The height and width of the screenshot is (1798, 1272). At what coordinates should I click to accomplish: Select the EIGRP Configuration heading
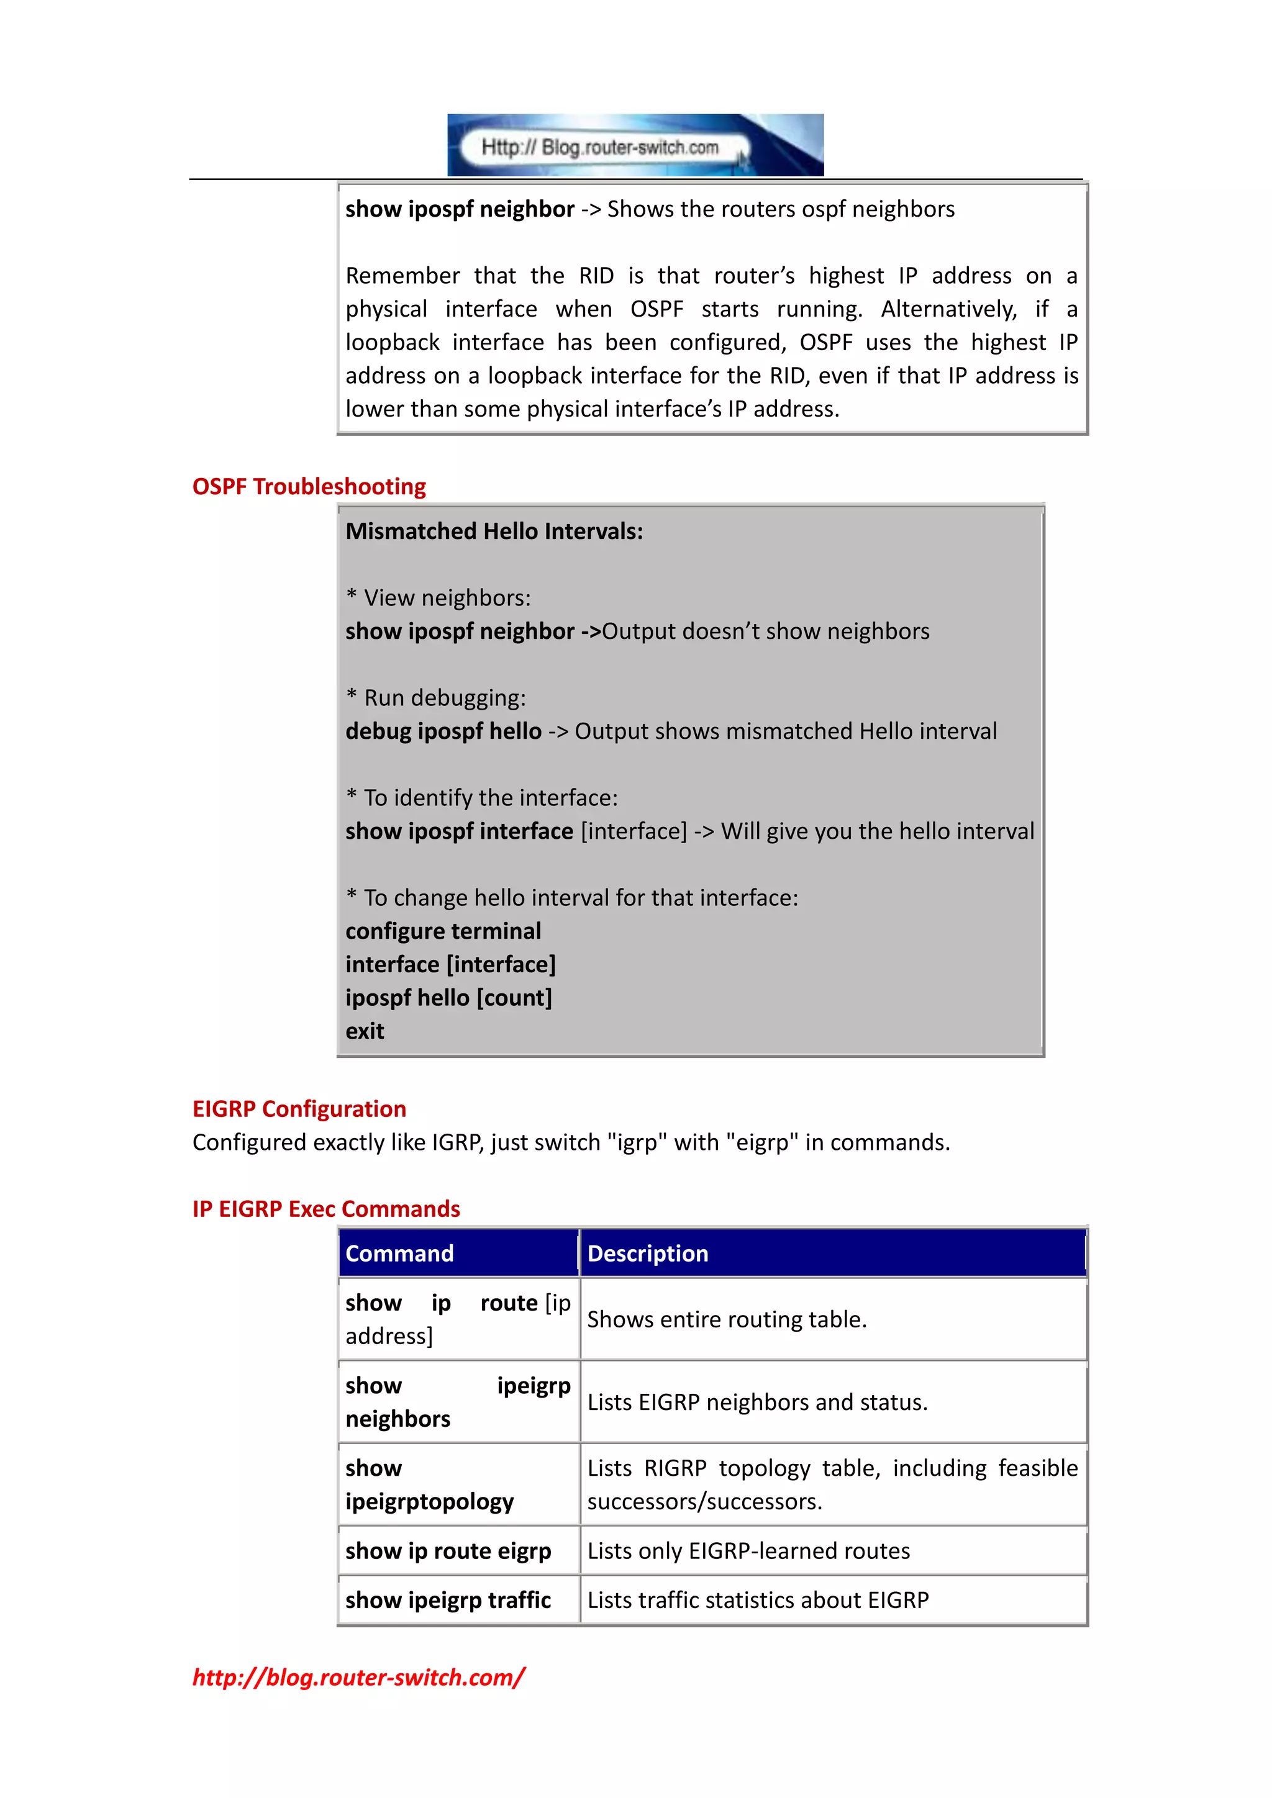coord(299,1109)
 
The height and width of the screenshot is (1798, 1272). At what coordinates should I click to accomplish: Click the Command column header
coord(399,1253)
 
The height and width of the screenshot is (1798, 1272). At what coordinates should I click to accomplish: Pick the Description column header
coord(647,1253)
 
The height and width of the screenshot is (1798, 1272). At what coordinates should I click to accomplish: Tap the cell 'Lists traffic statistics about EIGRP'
coord(757,1600)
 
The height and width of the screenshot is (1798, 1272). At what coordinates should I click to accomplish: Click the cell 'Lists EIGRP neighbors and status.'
coord(756,1402)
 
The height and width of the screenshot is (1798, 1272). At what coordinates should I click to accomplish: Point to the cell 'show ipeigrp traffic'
coord(448,1600)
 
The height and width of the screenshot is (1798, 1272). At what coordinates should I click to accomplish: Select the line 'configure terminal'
coord(443,931)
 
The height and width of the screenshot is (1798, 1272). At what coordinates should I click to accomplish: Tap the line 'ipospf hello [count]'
coord(449,998)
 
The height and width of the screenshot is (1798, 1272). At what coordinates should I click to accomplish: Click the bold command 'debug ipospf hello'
coord(443,731)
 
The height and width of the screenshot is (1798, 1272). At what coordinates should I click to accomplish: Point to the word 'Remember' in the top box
coord(402,276)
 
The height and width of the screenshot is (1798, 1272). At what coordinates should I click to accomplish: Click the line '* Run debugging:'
coord(436,698)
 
